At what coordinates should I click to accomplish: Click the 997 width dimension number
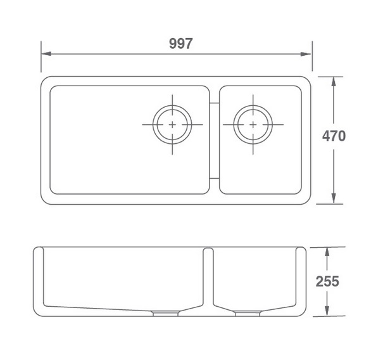click(181, 44)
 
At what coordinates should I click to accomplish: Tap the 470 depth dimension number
click(334, 136)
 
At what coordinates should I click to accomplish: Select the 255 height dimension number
click(327, 281)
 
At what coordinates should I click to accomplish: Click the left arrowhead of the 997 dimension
click(46, 54)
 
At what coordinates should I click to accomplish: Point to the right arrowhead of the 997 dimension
click(306, 54)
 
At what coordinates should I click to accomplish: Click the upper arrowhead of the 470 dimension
click(334, 82)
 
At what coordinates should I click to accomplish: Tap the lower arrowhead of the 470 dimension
click(334, 198)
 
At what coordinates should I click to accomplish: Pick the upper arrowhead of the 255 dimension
click(327, 252)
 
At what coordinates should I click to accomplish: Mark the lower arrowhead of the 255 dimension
click(327, 311)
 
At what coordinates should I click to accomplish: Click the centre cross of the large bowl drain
click(172, 125)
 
